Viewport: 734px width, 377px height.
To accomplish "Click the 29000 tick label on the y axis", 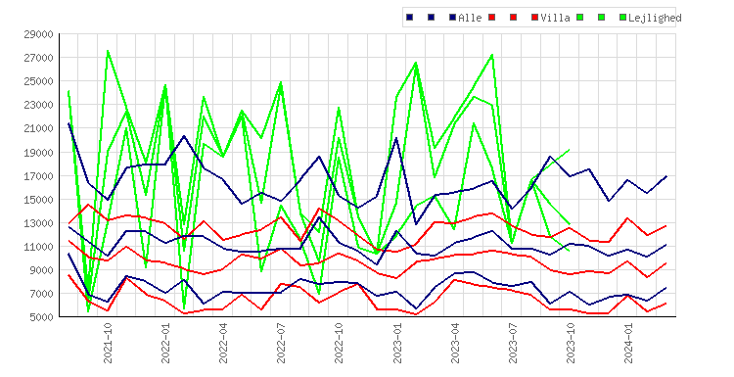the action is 39,34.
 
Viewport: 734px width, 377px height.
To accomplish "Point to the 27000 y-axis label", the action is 39,58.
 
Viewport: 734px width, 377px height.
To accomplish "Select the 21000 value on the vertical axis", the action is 39,128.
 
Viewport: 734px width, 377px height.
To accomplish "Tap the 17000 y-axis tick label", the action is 39,176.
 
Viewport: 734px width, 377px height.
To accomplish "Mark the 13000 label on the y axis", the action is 39,223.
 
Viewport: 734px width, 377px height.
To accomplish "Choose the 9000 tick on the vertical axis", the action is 42,270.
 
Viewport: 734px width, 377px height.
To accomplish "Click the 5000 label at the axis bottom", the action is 42,317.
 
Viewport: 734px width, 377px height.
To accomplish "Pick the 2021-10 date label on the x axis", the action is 108,344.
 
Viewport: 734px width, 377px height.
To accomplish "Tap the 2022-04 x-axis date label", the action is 223,344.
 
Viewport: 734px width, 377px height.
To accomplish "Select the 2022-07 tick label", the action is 281,344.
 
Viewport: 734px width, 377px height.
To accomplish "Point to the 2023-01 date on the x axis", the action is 397,344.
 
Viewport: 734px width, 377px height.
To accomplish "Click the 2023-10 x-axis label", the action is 571,344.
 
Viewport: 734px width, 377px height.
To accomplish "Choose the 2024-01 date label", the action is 628,344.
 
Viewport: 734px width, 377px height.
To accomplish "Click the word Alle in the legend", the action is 470,18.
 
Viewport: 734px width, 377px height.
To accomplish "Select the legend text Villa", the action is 555,18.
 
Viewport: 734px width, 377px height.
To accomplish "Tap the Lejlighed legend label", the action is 655,19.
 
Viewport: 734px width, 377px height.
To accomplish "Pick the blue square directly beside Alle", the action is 453,18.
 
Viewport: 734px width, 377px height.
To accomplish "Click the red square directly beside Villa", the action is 534,18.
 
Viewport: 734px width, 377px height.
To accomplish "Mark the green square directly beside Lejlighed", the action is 622,18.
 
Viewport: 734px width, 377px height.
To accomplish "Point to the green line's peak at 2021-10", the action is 108,51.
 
